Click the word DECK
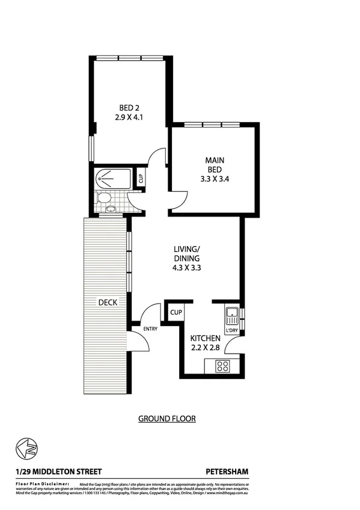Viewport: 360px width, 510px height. coord(108,303)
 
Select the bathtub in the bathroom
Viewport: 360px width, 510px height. coord(113,179)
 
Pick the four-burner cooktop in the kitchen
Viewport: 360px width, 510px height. coord(222,365)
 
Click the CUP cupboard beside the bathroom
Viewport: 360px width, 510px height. coord(141,179)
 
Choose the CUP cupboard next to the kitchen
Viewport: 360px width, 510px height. coord(175,312)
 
